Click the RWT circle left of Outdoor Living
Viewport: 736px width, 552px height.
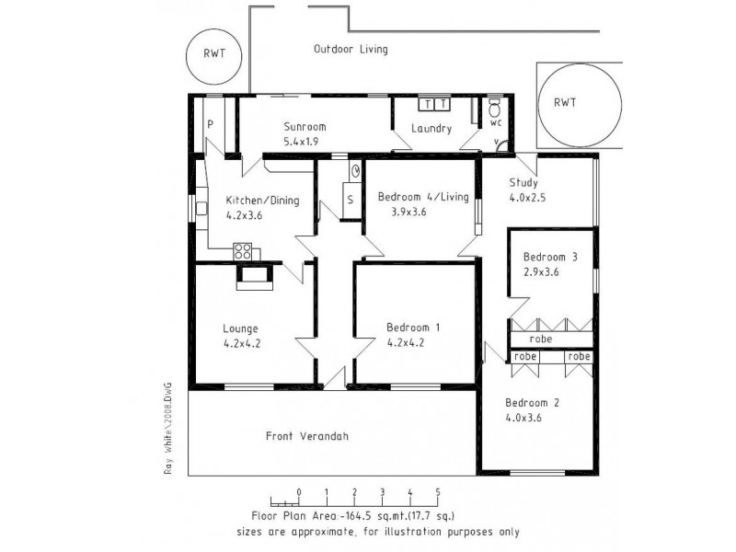tap(213, 53)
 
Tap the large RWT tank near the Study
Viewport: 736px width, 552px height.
tap(565, 104)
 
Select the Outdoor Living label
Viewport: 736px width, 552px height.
tap(351, 49)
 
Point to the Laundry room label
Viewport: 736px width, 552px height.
tap(431, 129)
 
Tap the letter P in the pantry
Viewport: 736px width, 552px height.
tap(210, 124)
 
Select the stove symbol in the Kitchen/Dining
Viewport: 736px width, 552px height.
tap(244, 249)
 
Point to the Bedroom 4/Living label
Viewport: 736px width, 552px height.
tap(423, 195)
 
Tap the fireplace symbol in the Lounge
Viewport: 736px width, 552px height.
tap(254, 276)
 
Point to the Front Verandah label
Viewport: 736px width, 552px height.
tap(308, 436)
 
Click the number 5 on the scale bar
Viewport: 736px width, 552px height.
tap(438, 491)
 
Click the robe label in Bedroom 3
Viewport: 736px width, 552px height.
tap(541, 339)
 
